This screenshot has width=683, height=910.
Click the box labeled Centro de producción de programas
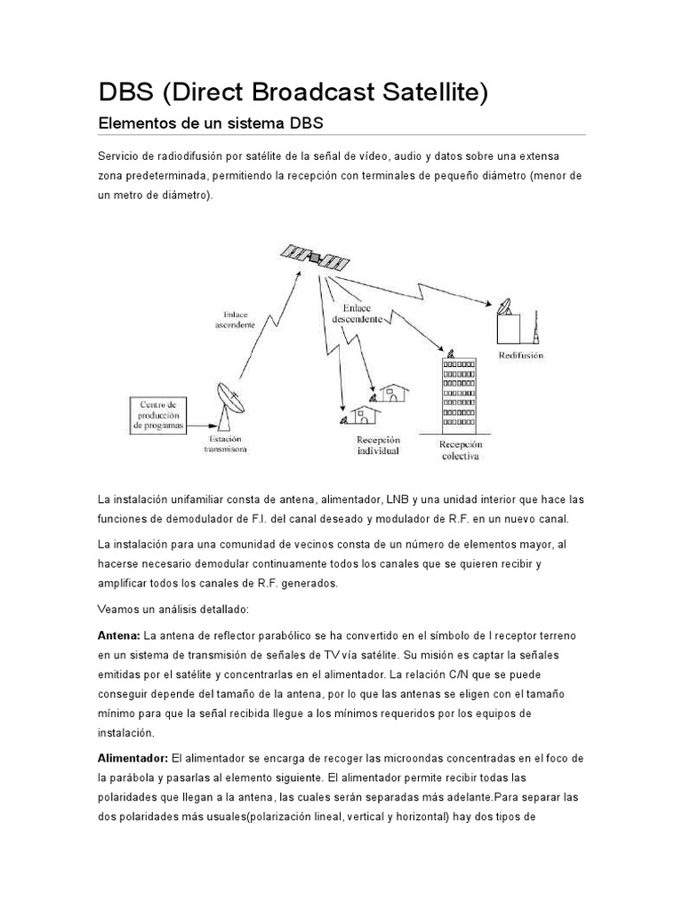[160, 414]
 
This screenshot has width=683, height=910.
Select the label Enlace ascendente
[235, 319]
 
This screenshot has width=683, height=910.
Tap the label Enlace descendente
[358, 311]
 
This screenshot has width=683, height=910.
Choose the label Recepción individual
[378, 445]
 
